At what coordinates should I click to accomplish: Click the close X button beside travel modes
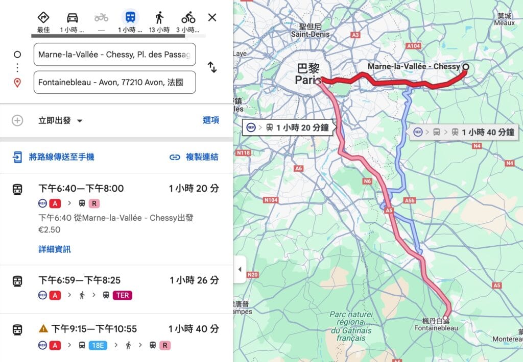pyautogui.click(x=212, y=18)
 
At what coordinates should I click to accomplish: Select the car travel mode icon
pyautogui.click(x=73, y=17)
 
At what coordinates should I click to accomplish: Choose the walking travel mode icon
pyautogui.click(x=159, y=17)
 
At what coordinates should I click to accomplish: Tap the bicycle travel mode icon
pyautogui.click(x=188, y=17)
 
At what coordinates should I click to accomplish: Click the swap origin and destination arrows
pyautogui.click(x=212, y=67)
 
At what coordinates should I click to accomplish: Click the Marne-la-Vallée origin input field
pyautogui.click(x=114, y=55)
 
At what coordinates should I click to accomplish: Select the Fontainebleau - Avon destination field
pyautogui.click(x=114, y=83)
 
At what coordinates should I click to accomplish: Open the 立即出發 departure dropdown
pyautogui.click(x=60, y=121)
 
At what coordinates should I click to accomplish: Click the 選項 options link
pyautogui.click(x=210, y=120)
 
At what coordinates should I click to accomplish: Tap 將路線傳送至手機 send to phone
pyautogui.click(x=61, y=157)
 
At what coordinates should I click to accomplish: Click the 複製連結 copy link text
pyautogui.click(x=202, y=157)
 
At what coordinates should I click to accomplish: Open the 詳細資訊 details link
pyautogui.click(x=55, y=249)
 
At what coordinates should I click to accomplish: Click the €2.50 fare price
pyautogui.click(x=50, y=230)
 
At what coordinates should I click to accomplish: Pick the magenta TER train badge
pyautogui.click(x=123, y=295)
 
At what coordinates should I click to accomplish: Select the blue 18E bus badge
pyautogui.click(x=98, y=345)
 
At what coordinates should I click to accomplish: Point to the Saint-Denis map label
pyautogui.click(x=310, y=34)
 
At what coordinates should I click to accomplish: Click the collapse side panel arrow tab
pyautogui.click(x=240, y=270)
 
